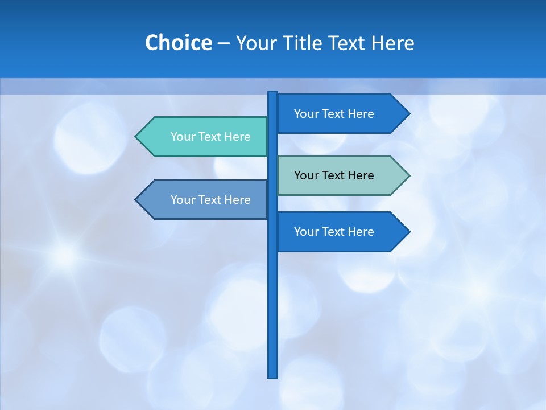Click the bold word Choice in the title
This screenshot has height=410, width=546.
(178, 43)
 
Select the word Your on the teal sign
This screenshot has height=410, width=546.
(183, 137)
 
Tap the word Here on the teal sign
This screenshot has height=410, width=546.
(237, 137)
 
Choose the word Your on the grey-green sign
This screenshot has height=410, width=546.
(306, 175)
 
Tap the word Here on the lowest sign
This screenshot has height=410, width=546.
(361, 232)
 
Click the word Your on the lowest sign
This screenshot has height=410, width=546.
(306, 232)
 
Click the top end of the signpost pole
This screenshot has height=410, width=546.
(272, 93)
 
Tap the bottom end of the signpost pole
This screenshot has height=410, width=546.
(272, 376)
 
